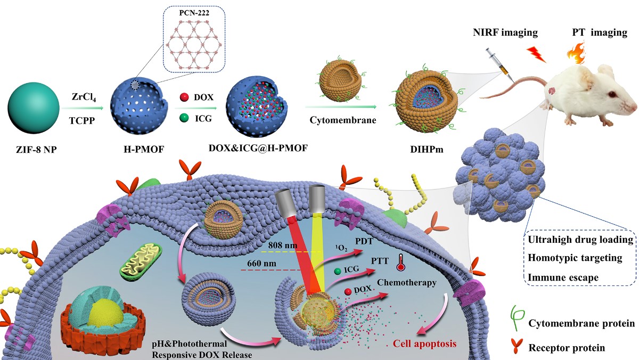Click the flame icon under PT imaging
coord(578,54)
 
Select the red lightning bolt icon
coord(535,54)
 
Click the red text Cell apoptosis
coord(425,343)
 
